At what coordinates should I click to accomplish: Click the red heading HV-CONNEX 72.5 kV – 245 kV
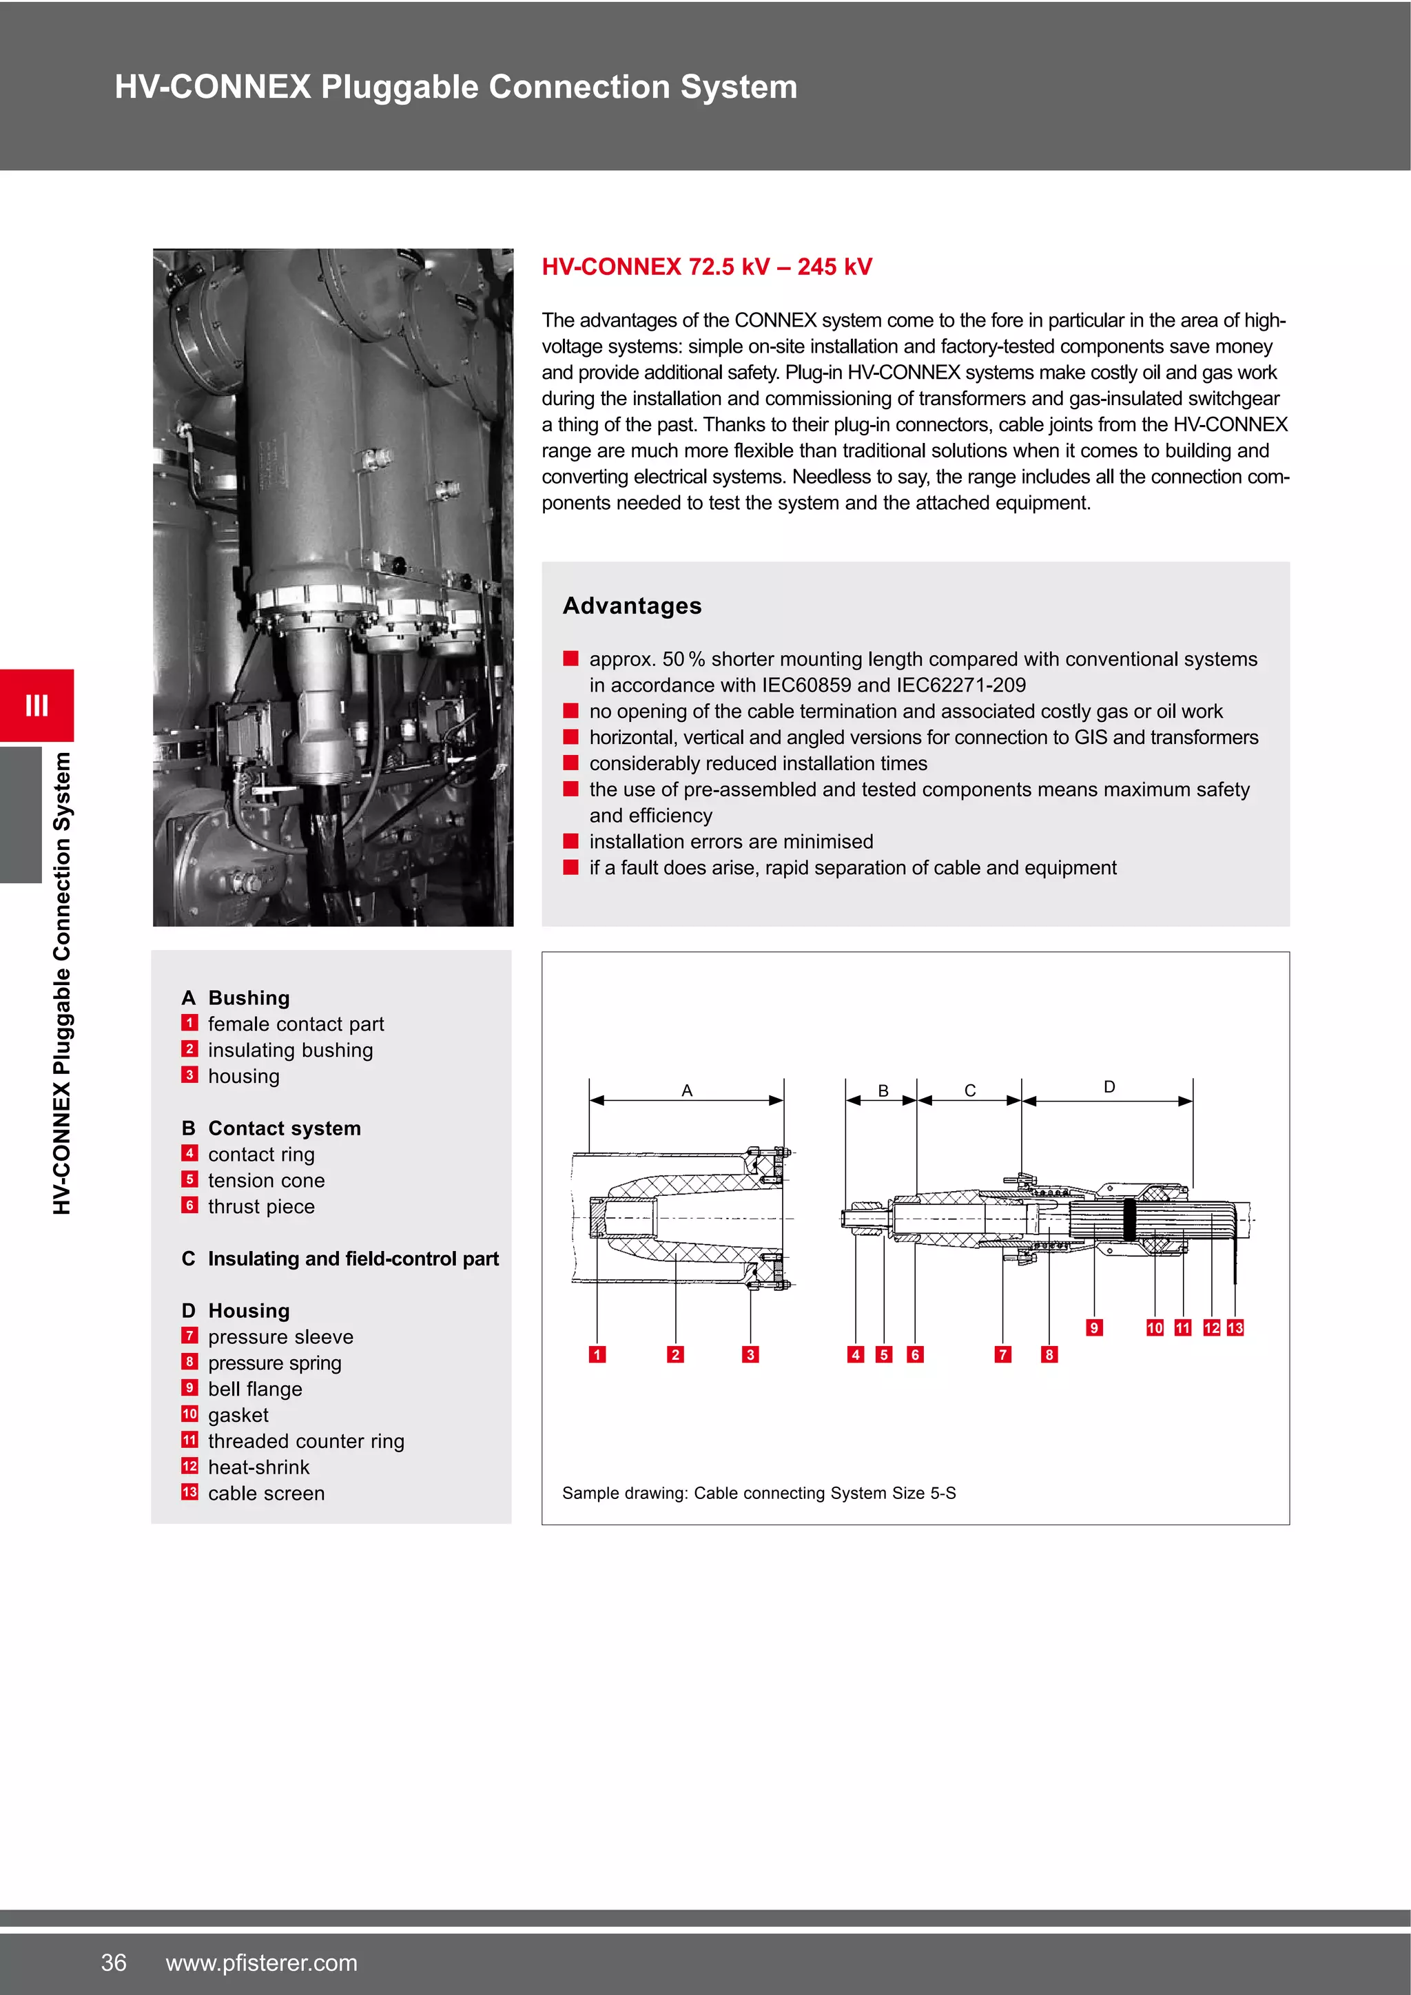(706, 267)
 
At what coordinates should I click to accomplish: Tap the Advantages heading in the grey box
(632, 606)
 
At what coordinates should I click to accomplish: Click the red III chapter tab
(37, 705)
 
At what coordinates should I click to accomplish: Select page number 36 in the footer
(114, 1962)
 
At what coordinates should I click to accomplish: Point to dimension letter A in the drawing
(686, 1090)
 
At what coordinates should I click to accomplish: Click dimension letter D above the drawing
(1109, 1087)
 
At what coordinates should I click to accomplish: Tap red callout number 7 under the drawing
(1002, 1354)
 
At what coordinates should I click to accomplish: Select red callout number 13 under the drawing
(1235, 1327)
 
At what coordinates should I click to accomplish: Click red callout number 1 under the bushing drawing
(597, 1354)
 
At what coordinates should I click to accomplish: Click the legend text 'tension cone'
(266, 1181)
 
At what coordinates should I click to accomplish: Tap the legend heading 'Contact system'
(284, 1128)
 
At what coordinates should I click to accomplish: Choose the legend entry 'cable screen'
(266, 1493)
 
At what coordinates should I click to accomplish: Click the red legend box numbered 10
(189, 1414)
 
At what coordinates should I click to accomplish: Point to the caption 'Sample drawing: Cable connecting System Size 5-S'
(759, 1493)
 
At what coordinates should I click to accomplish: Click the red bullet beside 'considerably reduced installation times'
(571, 763)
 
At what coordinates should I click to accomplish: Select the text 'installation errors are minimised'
(731, 842)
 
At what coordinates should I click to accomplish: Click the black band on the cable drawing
(1129, 1220)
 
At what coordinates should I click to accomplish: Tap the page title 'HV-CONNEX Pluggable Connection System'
(455, 87)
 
